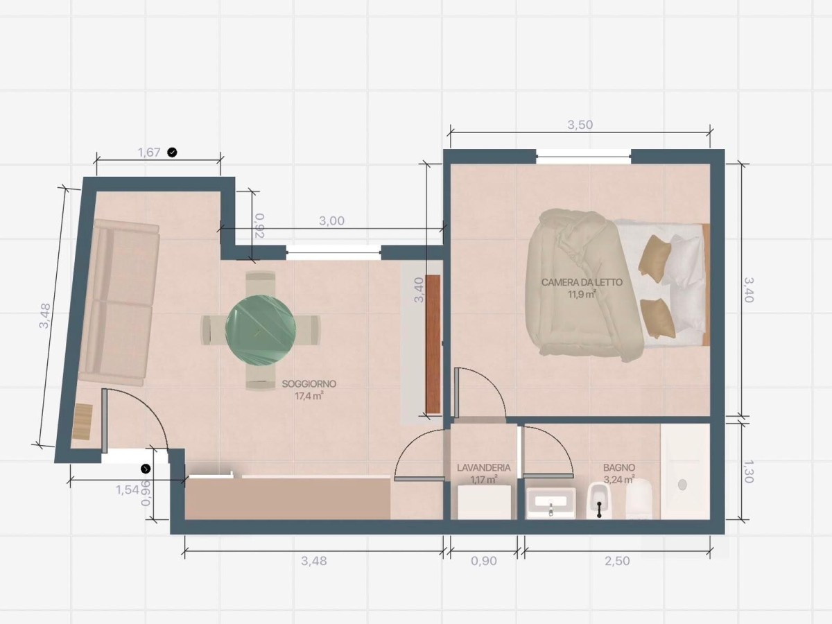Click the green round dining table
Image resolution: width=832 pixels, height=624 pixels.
[261, 330]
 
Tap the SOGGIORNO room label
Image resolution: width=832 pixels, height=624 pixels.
[309, 384]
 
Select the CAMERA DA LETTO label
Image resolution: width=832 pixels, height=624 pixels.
[582, 282]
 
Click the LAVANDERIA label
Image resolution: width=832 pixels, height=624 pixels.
[483, 468]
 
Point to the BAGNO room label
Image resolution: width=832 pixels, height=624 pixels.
[619, 468]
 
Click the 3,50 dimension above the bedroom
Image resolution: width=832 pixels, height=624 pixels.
[580, 125]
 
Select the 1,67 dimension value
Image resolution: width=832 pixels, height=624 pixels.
[149, 153]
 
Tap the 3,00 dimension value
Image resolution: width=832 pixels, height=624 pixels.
[331, 220]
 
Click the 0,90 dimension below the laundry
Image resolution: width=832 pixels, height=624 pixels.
[484, 561]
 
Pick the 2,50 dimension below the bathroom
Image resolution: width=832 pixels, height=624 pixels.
[617, 561]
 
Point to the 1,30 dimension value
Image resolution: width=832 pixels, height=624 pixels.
[748, 471]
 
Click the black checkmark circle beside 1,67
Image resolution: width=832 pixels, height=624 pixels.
[173, 153]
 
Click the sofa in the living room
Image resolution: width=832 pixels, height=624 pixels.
[119, 302]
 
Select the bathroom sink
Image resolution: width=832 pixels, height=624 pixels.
[551, 503]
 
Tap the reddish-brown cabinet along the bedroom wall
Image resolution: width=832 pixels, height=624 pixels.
[433, 344]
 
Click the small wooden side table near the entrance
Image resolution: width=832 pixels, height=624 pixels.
[83, 422]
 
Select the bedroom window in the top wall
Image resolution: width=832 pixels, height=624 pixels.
[584, 157]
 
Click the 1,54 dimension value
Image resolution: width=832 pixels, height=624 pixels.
[128, 490]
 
